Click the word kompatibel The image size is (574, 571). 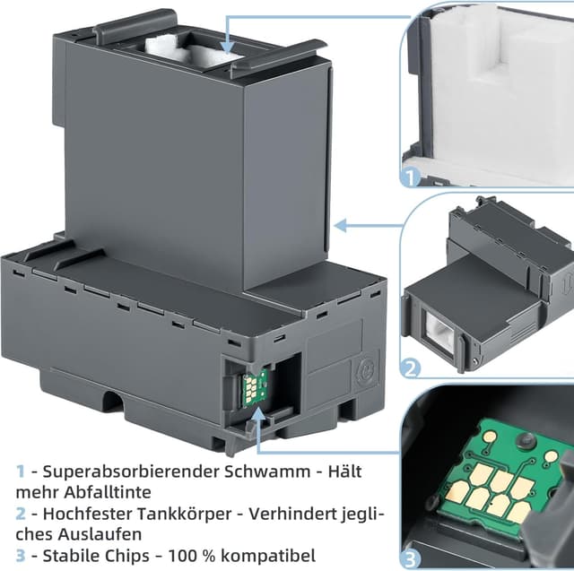coord(268,556)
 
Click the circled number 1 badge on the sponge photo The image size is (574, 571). coord(412,177)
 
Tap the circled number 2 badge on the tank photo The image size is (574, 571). coord(412,368)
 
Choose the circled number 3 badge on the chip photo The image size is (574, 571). coord(412,557)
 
